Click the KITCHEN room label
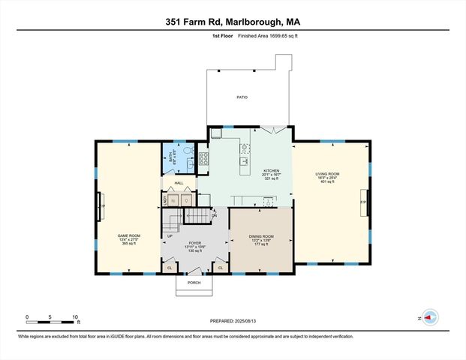tap(272, 171)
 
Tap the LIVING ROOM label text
tap(327, 174)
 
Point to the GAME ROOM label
tap(129, 235)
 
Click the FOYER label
tap(195, 243)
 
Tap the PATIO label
tap(242, 97)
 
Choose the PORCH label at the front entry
tap(194, 283)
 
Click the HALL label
tap(179, 183)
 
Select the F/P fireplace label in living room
tap(363, 202)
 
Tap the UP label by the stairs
tap(170, 236)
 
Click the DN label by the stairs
tap(214, 216)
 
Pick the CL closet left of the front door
tap(170, 267)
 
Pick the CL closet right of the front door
tap(221, 267)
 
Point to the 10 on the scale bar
tap(75, 316)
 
